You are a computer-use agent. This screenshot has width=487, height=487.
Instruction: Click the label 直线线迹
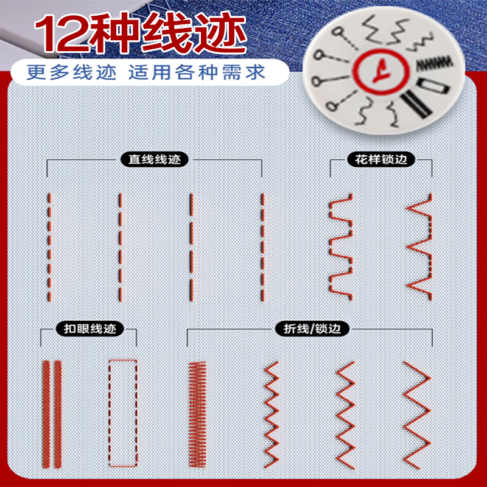(x=155, y=160)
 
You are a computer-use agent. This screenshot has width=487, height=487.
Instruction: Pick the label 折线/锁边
(x=312, y=329)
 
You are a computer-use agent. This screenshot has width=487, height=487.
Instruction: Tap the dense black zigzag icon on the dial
(x=433, y=63)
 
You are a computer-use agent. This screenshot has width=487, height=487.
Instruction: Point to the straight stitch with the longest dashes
(x=191, y=247)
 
